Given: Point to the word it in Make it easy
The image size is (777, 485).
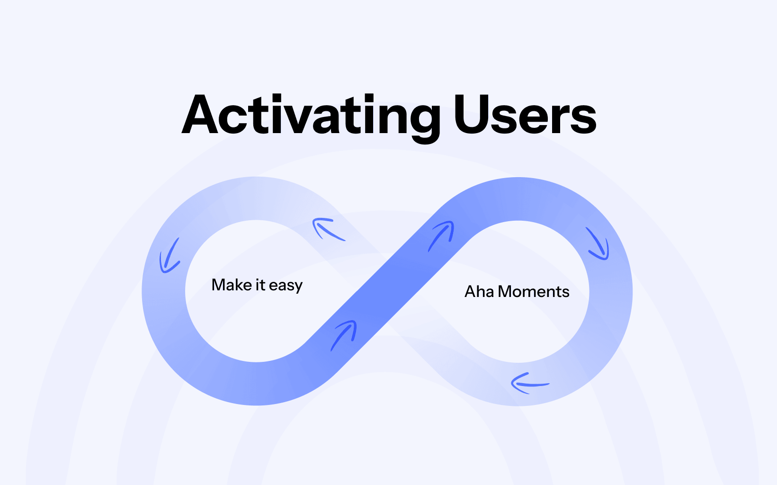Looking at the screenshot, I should (x=260, y=285).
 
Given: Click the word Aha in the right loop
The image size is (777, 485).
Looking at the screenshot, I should (x=479, y=292).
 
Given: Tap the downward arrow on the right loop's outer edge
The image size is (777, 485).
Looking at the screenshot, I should (x=598, y=243).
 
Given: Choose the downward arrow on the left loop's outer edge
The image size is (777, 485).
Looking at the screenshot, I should (x=170, y=256).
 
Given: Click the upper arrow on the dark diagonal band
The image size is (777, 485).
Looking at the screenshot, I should (x=441, y=236).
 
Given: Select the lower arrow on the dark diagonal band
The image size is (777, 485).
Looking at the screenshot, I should (x=343, y=335).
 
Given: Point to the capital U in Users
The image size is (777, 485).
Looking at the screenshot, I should (x=472, y=114).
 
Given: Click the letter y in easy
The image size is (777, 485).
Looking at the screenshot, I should (x=298, y=287).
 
